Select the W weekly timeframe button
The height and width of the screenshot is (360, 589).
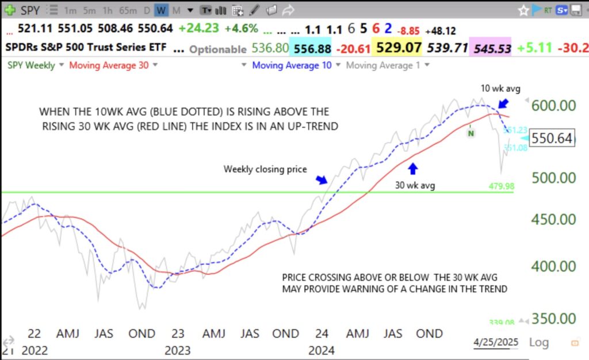tap(161, 10)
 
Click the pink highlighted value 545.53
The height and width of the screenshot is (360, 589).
tap(491, 48)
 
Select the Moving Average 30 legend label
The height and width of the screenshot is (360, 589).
tap(109, 66)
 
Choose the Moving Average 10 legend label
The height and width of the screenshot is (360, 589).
tap(292, 66)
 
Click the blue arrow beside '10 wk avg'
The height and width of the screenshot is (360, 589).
tap(503, 103)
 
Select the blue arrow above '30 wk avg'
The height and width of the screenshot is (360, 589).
tap(412, 168)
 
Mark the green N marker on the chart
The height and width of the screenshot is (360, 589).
tap(471, 133)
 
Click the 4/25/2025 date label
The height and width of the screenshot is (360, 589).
tap(495, 342)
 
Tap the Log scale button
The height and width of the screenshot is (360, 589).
tap(538, 342)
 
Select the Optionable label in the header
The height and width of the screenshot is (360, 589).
tap(218, 49)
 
